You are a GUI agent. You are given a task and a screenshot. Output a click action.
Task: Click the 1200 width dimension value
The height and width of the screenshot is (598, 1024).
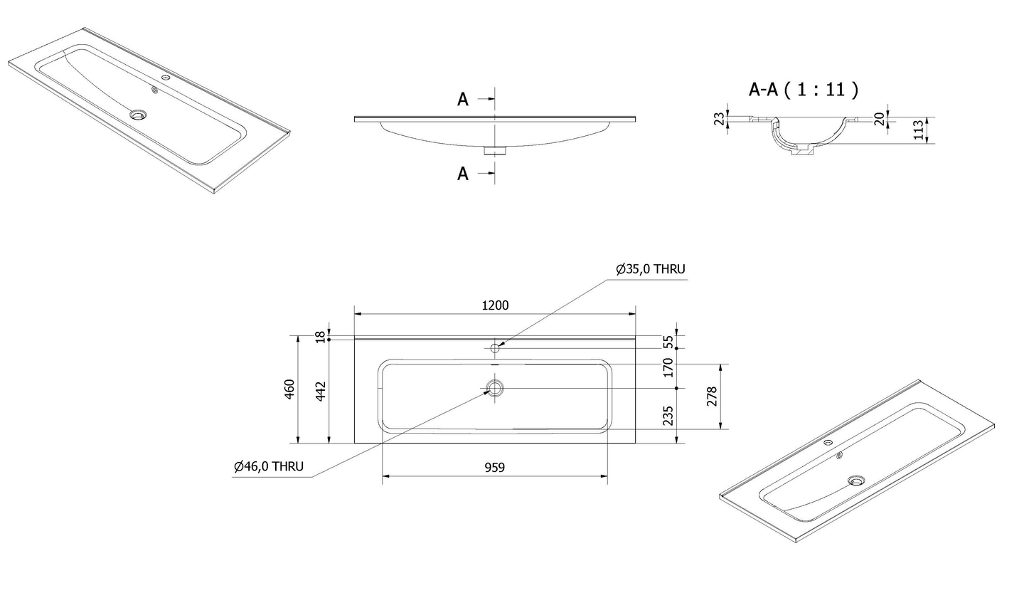point(495,305)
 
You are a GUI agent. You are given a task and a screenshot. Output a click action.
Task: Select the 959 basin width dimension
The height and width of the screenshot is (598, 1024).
point(494,468)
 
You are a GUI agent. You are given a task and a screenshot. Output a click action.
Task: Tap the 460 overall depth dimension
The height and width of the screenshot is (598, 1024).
point(290,389)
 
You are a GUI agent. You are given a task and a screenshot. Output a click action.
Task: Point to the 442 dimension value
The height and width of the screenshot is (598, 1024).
point(321,391)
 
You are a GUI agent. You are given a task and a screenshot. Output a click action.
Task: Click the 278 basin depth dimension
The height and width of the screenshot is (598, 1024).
point(712,397)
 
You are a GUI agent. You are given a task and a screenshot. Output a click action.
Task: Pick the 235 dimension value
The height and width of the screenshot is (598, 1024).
point(668,416)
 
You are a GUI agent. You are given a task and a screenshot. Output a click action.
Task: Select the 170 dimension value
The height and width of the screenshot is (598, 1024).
point(668,368)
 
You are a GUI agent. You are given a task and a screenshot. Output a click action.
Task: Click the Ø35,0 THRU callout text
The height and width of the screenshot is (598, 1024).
point(651,269)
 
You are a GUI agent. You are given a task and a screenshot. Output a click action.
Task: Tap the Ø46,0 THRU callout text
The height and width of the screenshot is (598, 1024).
point(269,466)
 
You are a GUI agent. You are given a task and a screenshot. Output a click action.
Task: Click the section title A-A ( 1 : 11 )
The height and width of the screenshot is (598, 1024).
point(804,90)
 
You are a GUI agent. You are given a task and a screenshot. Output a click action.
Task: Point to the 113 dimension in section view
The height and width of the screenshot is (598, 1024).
point(918,130)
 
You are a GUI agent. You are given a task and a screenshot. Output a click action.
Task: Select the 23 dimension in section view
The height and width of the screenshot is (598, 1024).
point(719,119)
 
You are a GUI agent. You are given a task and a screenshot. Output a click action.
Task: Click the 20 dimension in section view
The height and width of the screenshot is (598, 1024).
point(880,119)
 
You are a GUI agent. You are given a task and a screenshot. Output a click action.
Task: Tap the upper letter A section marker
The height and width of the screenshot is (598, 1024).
point(463,100)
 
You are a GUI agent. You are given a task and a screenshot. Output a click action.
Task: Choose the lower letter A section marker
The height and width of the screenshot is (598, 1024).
point(463,174)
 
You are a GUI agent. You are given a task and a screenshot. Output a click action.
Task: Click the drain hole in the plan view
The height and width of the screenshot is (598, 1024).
point(495,388)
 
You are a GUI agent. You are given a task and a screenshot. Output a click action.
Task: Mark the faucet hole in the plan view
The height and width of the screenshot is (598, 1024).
point(495,347)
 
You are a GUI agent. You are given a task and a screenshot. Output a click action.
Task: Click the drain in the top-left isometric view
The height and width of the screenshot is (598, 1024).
point(137,114)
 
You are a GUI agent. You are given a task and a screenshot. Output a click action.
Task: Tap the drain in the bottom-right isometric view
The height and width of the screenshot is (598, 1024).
point(856,481)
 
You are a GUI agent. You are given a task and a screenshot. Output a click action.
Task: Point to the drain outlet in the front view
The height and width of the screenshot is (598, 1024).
point(495,150)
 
